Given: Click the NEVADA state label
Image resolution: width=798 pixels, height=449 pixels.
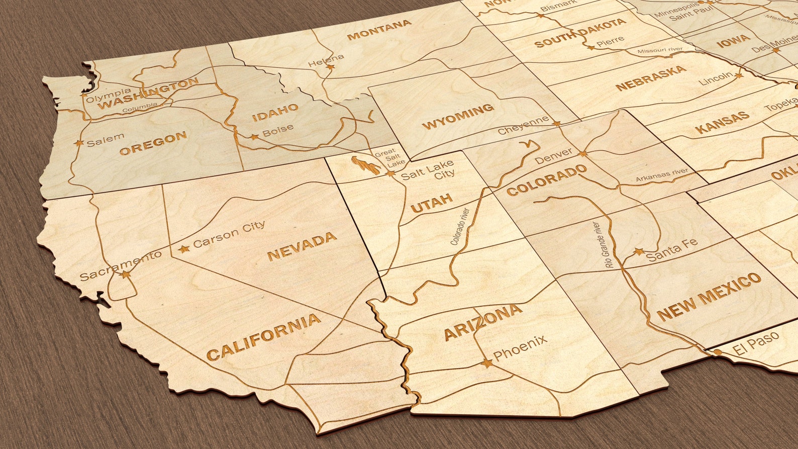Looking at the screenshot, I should pyautogui.click(x=302, y=246).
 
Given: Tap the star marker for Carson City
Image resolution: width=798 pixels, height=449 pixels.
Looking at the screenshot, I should pyautogui.click(x=184, y=248).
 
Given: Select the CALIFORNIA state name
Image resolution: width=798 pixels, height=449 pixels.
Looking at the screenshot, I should pyautogui.click(x=263, y=337).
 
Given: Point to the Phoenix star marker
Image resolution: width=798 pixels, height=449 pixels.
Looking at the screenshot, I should pyautogui.click(x=486, y=363).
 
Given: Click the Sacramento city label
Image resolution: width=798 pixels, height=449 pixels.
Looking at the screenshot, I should pyautogui.click(x=121, y=265).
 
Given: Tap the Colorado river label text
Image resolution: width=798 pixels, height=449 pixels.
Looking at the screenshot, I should pyautogui.click(x=459, y=226).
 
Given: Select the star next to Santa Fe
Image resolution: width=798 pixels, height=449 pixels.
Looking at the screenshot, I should pyautogui.click(x=639, y=251).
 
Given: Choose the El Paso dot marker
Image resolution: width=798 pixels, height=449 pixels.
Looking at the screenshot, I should pyautogui.click(x=717, y=352).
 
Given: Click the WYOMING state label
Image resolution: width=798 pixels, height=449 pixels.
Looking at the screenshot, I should pyautogui.click(x=458, y=116).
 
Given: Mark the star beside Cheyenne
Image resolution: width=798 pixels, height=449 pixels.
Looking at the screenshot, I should pyautogui.click(x=556, y=123).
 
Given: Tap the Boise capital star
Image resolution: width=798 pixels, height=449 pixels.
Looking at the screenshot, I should pyautogui.click(x=254, y=136).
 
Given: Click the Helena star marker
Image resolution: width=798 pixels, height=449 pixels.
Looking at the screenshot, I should pyautogui.click(x=330, y=66).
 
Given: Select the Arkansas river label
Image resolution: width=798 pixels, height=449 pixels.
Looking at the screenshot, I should pyautogui.click(x=662, y=175).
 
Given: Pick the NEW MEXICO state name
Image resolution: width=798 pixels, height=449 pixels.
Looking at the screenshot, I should pyautogui.click(x=709, y=297).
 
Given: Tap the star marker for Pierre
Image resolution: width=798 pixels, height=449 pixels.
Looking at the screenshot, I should pyautogui.click(x=590, y=47).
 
